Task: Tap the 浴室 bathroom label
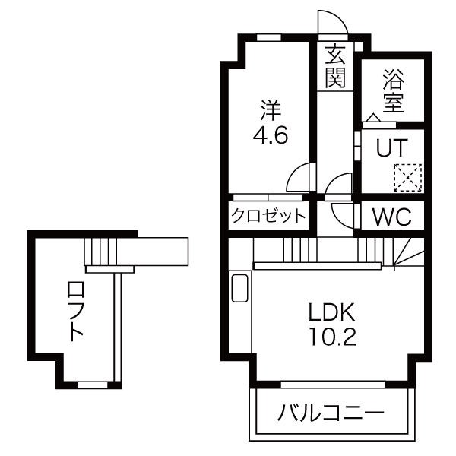pyautogui.click(x=392, y=90)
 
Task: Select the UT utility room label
pyautogui.click(x=394, y=147)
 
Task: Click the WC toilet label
pyautogui.click(x=391, y=217)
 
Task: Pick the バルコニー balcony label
pyautogui.click(x=331, y=414)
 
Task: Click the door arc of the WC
pyautogui.click(x=344, y=214)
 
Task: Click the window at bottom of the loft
pyautogui.click(x=92, y=385)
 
